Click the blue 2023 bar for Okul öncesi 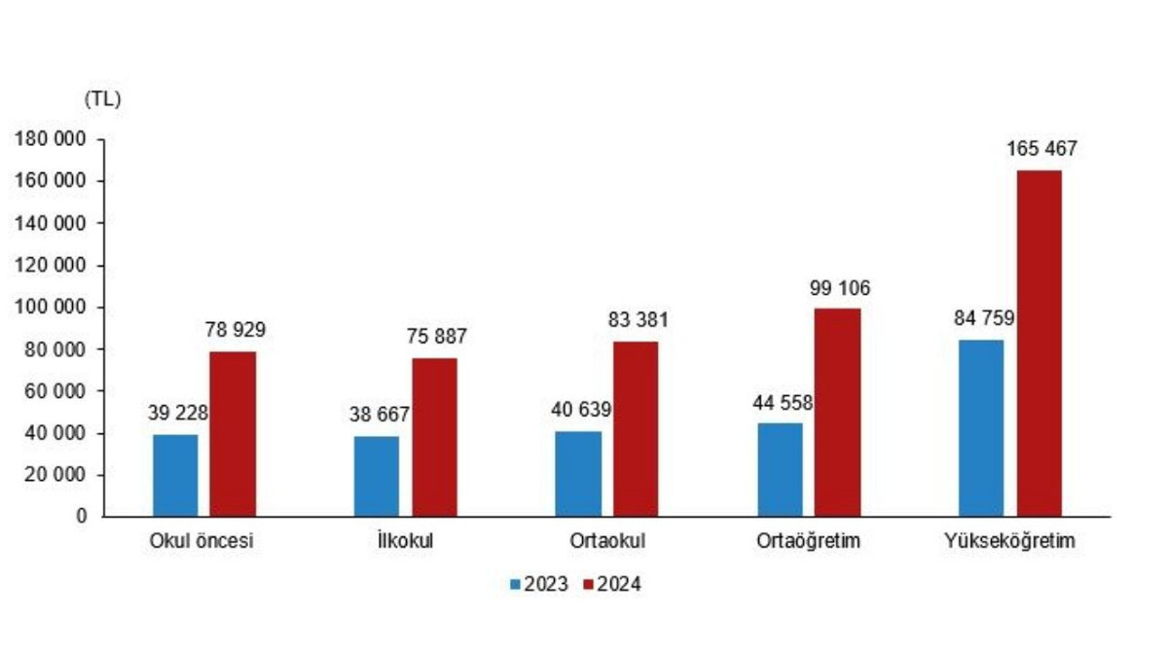coord(175,475)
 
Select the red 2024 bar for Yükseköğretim coord(1040,343)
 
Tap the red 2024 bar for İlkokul coord(434,437)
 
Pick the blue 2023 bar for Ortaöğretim coord(780,469)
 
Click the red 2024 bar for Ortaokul coord(636,428)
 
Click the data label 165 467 coord(1040,150)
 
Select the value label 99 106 coord(838,288)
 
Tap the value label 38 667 coord(380,415)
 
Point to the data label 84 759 coord(980,317)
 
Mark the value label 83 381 coord(637,320)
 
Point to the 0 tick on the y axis coord(84,517)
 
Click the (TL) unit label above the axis coord(102,98)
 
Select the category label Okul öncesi coord(201,542)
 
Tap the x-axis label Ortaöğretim coord(808,542)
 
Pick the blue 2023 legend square coord(516,585)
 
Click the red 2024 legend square coord(588,585)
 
